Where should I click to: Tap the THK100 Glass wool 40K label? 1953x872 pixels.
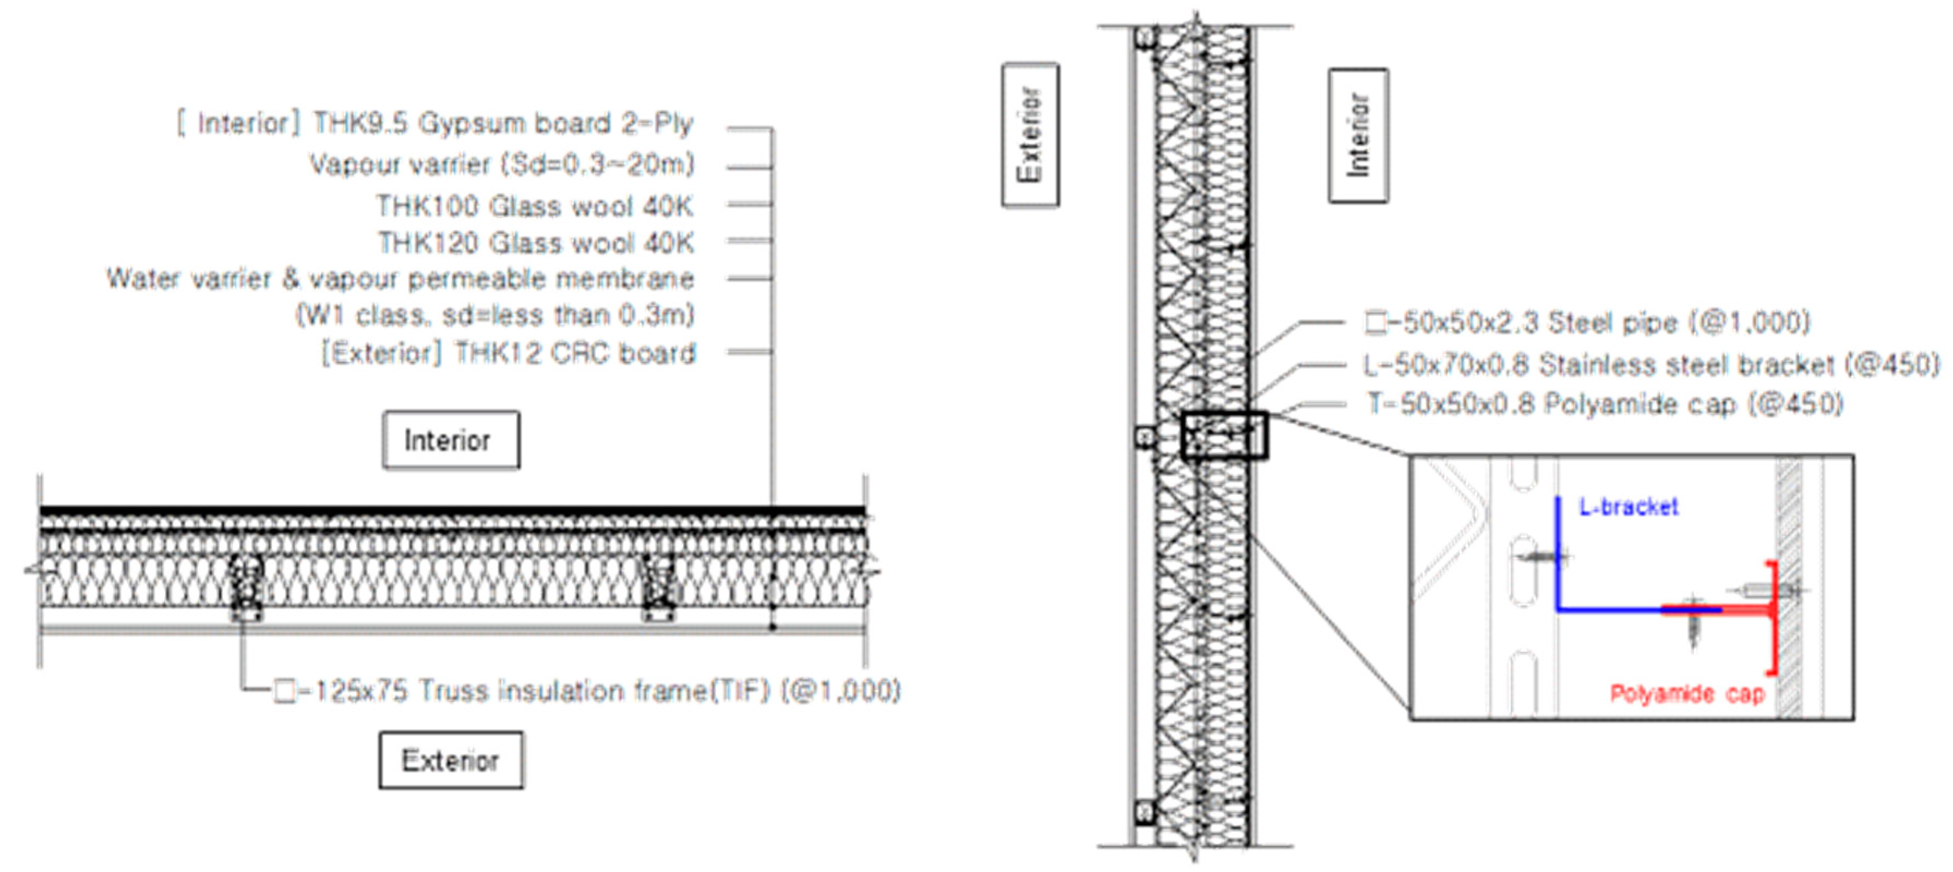535,205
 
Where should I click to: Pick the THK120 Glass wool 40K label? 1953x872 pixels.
535,243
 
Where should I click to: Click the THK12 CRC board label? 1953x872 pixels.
508,353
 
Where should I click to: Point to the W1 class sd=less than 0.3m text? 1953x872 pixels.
494,314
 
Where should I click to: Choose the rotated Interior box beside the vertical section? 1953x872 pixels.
1358,136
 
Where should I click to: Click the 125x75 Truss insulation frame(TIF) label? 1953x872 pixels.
588,691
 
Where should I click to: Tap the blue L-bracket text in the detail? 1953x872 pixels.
1628,506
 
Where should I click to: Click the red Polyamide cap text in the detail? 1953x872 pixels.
1687,693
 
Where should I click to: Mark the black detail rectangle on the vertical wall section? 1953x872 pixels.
1224,435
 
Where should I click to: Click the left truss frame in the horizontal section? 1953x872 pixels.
246,586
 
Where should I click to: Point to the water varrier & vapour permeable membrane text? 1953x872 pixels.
400,279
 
